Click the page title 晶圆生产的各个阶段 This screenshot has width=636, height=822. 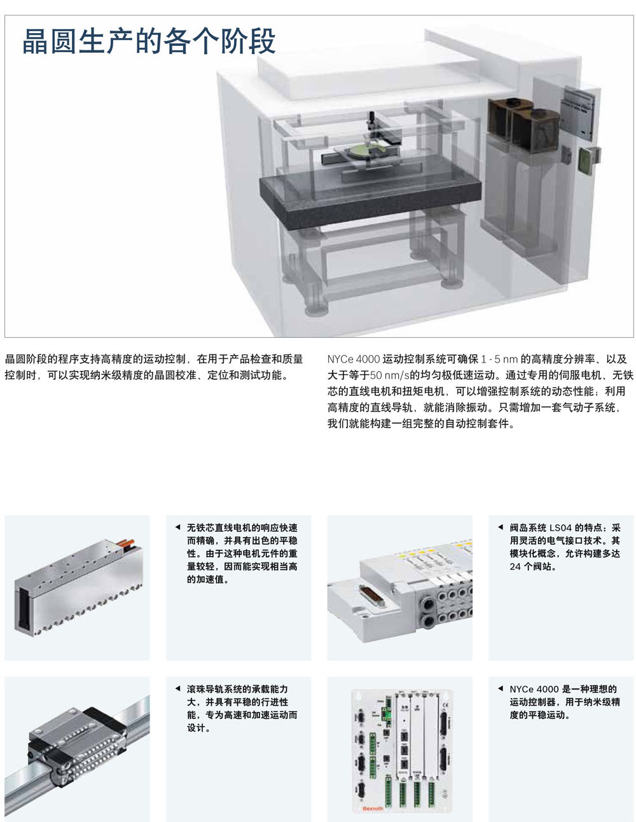(x=149, y=41)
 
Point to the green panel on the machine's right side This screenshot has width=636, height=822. (x=585, y=161)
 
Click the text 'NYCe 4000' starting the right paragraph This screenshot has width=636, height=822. (x=353, y=359)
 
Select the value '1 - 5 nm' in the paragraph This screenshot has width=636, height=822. (x=499, y=359)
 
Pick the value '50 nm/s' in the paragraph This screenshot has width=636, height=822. (x=389, y=375)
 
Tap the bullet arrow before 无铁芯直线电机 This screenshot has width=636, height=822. (x=177, y=527)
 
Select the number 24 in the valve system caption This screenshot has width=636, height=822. (x=515, y=566)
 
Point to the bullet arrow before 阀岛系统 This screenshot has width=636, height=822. (x=501, y=527)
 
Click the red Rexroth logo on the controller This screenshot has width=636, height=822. (x=372, y=808)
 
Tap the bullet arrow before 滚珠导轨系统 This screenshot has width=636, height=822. (x=177, y=688)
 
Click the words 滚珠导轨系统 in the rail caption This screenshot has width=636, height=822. (x=214, y=689)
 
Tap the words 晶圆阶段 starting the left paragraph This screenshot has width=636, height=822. (x=25, y=359)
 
